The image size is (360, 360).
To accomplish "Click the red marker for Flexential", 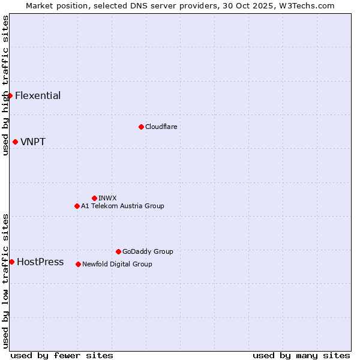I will [x=10, y=95].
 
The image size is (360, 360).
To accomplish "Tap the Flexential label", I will [x=38, y=96].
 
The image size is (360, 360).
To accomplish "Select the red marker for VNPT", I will [x=15, y=142].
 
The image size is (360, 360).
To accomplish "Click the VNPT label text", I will [x=33, y=142].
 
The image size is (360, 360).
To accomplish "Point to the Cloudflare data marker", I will [x=141, y=127].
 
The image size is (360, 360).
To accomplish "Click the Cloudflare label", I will [x=161, y=127].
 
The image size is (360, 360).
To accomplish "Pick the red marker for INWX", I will [x=94, y=198].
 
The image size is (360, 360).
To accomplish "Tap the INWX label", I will [x=107, y=199].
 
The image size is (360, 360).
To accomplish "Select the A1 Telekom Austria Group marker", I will [x=77, y=206].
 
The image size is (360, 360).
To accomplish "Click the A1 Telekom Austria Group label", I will [x=122, y=206].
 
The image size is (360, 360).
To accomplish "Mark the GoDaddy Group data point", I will [x=118, y=251].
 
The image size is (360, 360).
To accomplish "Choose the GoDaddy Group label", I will [x=148, y=252].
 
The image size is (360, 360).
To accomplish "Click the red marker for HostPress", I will [x=11, y=262].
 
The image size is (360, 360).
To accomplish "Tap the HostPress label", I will [x=40, y=262].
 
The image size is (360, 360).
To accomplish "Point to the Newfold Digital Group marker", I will [x=78, y=264].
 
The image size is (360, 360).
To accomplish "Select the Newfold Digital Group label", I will [x=117, y=265].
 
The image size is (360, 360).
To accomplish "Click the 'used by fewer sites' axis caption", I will [x=62, y=355].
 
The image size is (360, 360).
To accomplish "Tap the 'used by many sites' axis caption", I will [x=301, y=355].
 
